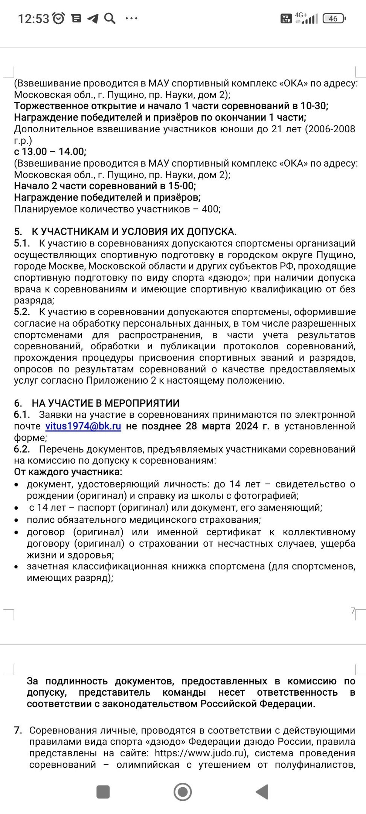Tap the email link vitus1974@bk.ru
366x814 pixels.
pos(83,426)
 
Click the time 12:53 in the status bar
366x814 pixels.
pos(34,18)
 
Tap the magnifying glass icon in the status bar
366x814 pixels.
pos(110,18)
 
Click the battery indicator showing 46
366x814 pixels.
pos(334,18)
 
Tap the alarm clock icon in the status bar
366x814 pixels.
pos(59,18)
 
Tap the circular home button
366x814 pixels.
pos(183,792)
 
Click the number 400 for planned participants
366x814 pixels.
pos(210,209)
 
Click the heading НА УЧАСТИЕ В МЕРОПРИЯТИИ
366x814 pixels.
pos(105,403)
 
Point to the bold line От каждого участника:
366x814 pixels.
pos(68,472)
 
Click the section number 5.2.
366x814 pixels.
pos(22,312)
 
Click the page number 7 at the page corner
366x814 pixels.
pos(353,610)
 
